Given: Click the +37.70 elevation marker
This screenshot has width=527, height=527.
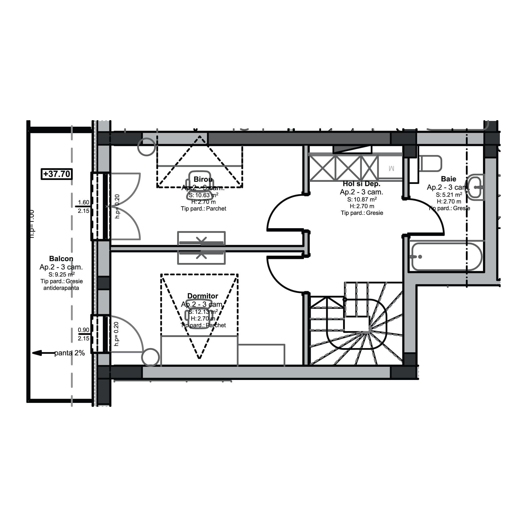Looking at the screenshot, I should [57, 174].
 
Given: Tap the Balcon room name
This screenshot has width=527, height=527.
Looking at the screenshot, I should [61, 258].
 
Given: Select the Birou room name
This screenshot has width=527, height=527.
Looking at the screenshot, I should [203, 179].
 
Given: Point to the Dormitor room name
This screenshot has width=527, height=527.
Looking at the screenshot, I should [203, 296].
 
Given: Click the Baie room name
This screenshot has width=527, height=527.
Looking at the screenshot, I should [448, 179].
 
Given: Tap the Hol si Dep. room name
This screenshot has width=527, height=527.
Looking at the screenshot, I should [362, 184].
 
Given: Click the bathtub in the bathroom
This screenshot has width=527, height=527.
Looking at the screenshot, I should [447, 257].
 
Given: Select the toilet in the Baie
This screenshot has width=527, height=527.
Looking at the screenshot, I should [431, 163].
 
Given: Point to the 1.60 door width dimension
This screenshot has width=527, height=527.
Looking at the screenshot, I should [84, 202].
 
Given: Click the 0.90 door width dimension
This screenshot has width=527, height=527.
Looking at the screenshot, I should [84, 330].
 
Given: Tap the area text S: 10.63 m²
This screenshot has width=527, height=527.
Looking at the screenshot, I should [203, 195].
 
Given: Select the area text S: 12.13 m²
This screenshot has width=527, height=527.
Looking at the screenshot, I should [203, 311].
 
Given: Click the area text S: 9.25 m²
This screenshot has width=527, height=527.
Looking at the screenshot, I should [61, 274].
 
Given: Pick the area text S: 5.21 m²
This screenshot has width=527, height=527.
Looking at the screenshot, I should [449, 195].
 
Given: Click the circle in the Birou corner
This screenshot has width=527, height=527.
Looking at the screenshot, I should [147, 147].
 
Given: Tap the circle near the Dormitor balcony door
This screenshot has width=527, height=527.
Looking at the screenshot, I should [150, 357].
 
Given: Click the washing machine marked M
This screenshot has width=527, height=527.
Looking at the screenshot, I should [391, 168].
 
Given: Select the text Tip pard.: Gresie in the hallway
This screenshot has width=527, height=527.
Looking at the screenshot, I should [362, 213].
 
